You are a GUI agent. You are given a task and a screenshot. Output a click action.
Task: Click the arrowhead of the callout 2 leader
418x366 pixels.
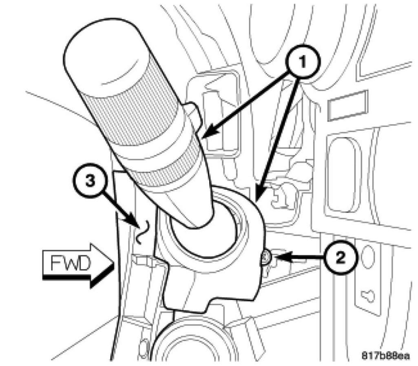point(274,257)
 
